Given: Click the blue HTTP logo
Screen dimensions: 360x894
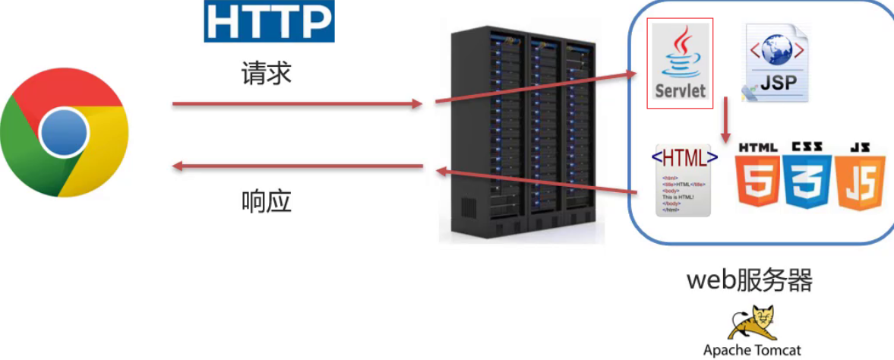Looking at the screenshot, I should pyautogui.click(x=269, y=22).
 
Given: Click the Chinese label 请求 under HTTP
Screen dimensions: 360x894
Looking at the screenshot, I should pyautogui.click(x=267, y=74).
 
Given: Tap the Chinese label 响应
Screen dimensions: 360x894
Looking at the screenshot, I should pyautogui.click(x=267, y=201).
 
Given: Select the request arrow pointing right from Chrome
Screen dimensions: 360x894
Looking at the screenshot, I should pyautogui.click(x=296, y=103).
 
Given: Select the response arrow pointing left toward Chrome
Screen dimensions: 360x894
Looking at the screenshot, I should pyautogui.click(x=296, y=165).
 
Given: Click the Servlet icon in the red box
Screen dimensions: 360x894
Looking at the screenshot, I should pyautogui.click(x=680, y=64).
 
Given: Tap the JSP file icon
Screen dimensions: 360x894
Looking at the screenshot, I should pyautogui.click(x=777, y=62).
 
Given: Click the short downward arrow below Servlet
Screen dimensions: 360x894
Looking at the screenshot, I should pyautogui.click(x=727, y=118).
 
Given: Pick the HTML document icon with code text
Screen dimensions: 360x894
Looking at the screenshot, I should pyautogui.click(x=684, y=181).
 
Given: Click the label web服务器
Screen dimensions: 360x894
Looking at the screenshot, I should pyautogui.click(x=750, y=280).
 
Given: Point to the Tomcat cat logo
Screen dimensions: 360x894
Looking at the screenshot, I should pyautogui.click(x=751, y=322).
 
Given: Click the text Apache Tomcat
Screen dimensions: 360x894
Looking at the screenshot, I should pyautogui.click(x=751, y=350).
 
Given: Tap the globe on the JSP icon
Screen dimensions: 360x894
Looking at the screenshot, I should pyautogui.click(x=777, y=50).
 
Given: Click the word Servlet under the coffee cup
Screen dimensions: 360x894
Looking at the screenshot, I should pyautogui.click(x=680, y=90).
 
